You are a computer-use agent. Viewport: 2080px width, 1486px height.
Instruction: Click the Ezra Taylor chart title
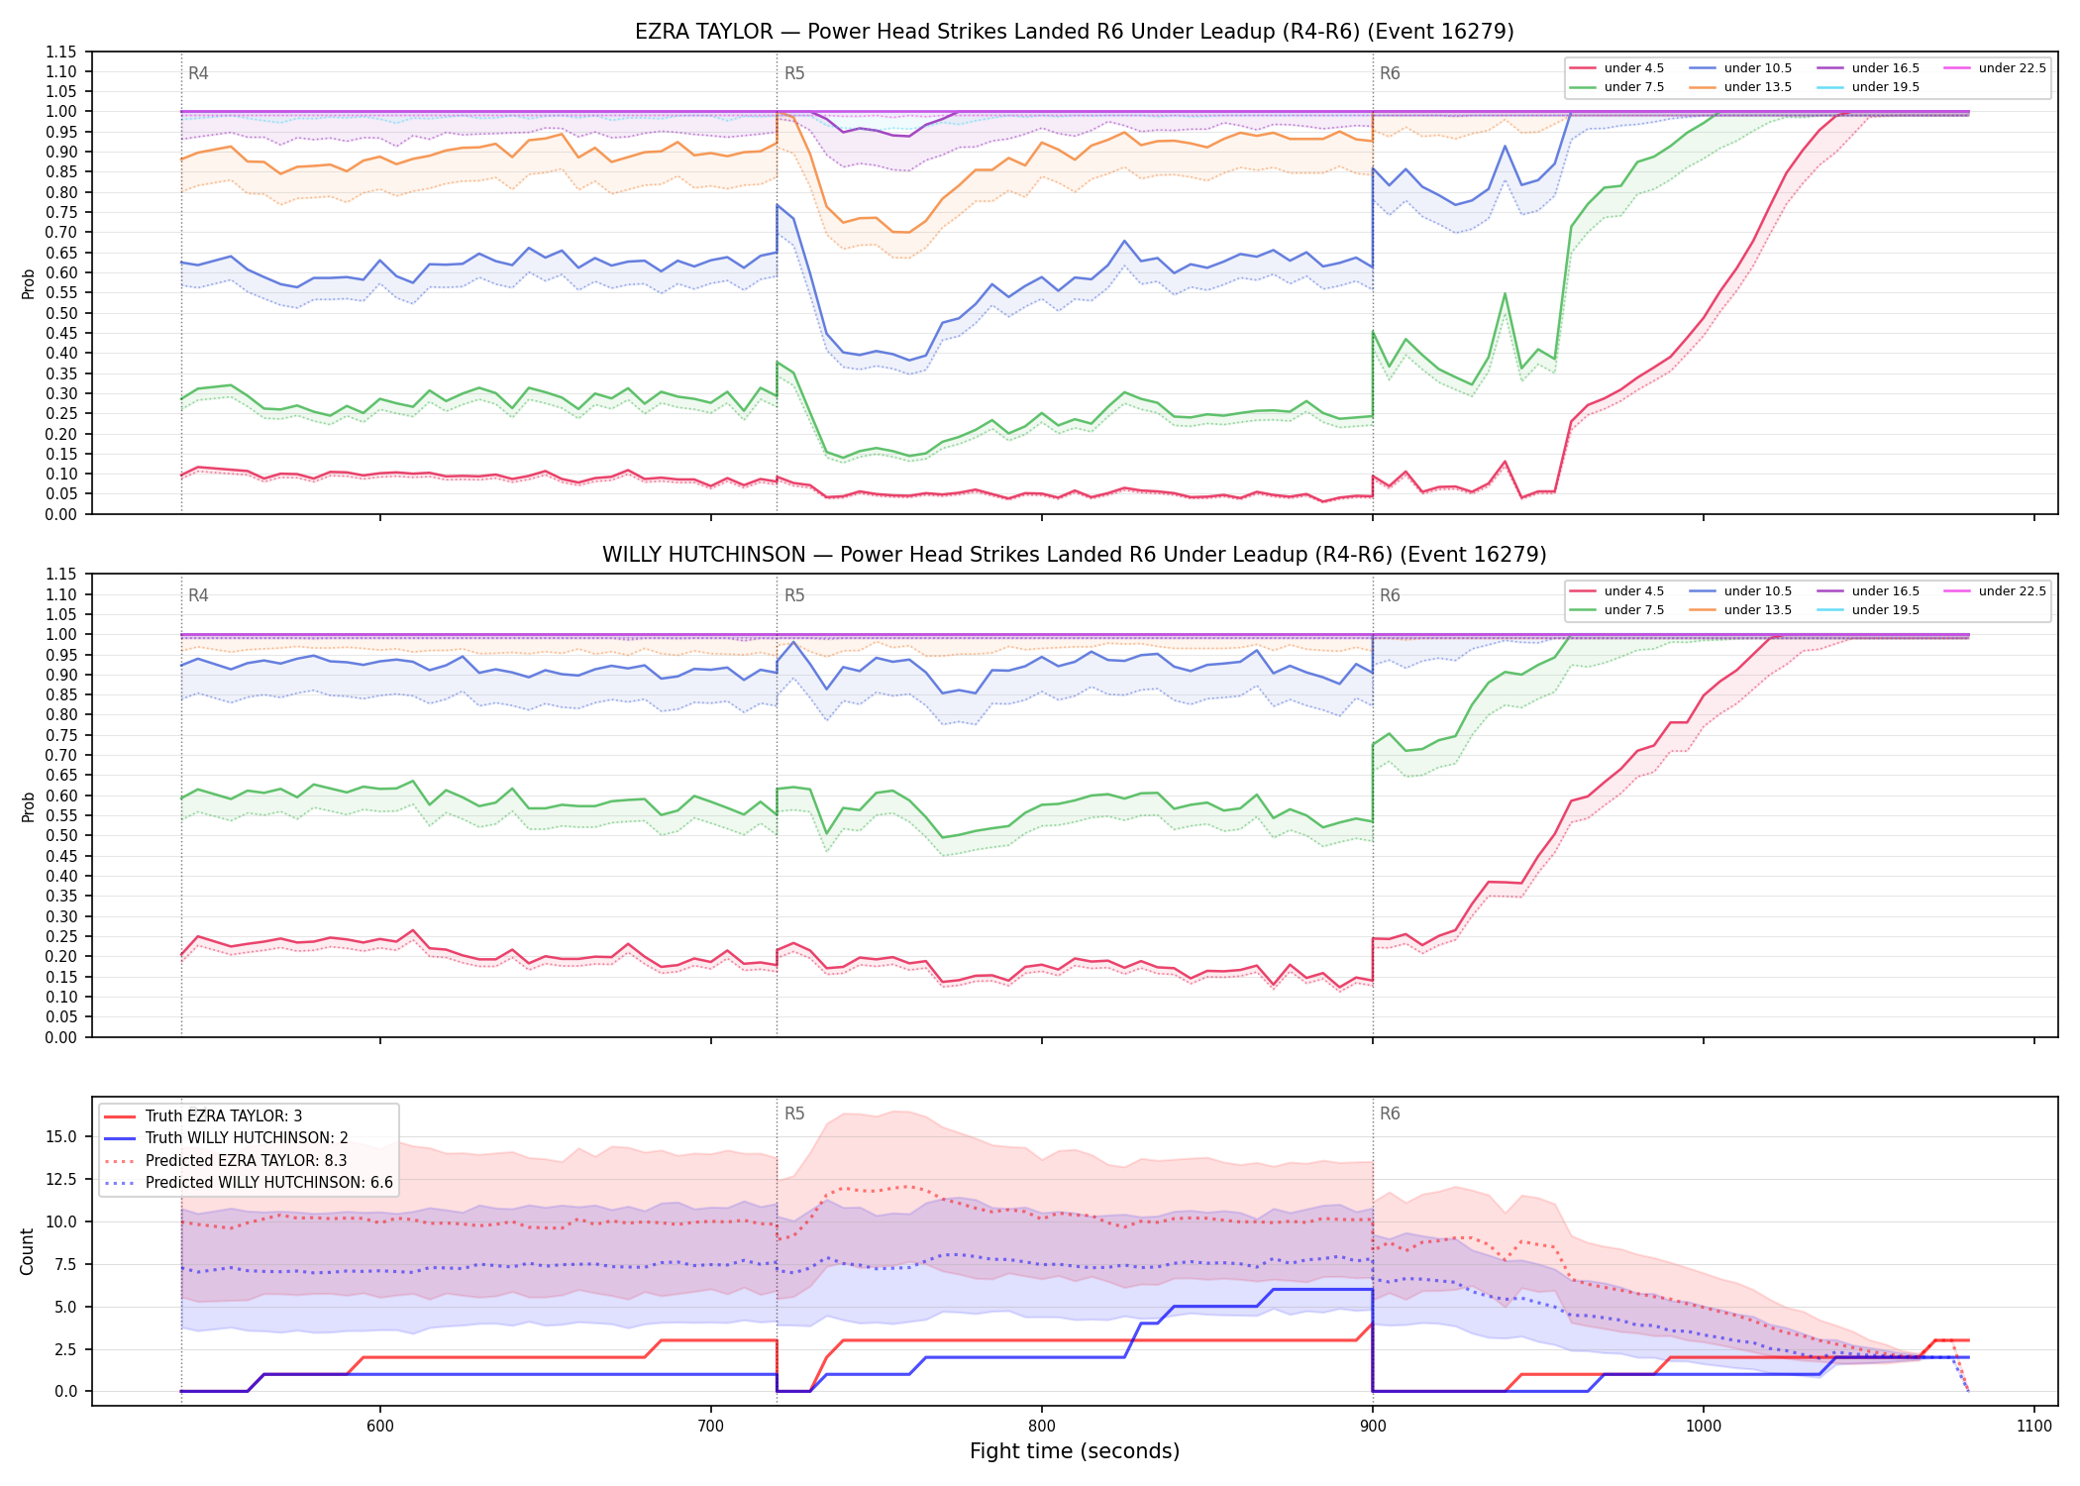click(x=1075, y=32)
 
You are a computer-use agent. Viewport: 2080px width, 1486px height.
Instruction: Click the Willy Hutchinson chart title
click(x=1075, y=555)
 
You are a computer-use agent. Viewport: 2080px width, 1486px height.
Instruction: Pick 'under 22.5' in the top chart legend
click(x=2013, y=68)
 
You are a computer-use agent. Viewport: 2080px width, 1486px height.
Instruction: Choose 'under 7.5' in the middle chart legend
click(x=1634, y=610)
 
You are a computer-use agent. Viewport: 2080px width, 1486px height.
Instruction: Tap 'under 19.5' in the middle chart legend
click(x=1886, y=610)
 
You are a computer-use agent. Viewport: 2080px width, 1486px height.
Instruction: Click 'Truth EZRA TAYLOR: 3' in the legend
click(x=224, y=1116)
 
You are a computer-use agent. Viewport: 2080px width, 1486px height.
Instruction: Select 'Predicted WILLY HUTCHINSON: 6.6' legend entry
click(x=269, y=1183)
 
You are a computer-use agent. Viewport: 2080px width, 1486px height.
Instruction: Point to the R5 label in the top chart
click(x=794, y=73)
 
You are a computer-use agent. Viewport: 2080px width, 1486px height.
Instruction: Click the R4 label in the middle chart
click(x=198, y=595)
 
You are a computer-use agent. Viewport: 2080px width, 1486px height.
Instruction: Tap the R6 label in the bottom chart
click(x=1390, y=1114)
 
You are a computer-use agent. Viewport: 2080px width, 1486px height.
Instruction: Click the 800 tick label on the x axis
click(x=1041, y=1426)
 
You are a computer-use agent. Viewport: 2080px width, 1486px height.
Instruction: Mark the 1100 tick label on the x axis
click(x=2034, y=1426)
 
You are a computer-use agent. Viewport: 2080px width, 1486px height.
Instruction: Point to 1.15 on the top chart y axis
click(x=61, y=52)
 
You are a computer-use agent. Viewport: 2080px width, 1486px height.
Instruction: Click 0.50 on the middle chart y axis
click(x=61, y=835)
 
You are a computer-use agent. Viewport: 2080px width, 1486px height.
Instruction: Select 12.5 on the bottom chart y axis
click(x=61, y=1179)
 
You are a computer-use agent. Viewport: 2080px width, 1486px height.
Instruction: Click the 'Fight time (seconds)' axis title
click(x=1075, y=1451)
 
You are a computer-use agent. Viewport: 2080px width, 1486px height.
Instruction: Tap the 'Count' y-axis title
click(x=27, y=1251)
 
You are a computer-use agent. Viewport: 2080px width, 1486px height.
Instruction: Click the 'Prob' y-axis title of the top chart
click(x=28, y=283)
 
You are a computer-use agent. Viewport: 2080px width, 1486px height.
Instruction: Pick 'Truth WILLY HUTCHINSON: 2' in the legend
click(x=247, y=1138)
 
